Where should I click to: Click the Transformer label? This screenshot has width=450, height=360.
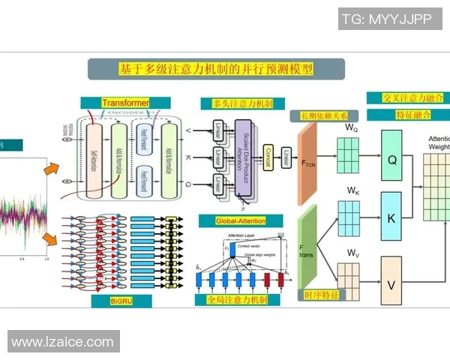coord(125,102)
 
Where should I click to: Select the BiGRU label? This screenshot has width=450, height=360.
coord(115,300)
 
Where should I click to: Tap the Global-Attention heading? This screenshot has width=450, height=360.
coord(241,220)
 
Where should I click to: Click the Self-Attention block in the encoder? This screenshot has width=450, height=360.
coord(94,161)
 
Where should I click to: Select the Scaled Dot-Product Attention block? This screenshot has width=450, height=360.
coord(244,156)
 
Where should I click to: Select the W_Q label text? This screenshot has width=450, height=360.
coord(351,128)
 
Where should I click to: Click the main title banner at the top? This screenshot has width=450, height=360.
coord(216,69)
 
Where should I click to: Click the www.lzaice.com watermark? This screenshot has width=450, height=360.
coord(62,342)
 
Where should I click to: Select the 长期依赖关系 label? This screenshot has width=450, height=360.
coord(324,115)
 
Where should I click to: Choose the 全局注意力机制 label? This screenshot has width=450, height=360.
coord(237,299)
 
